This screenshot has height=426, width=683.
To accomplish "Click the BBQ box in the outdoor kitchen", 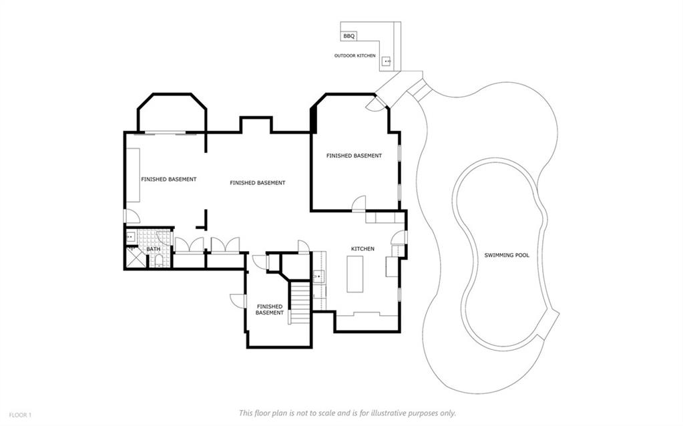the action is [349, 36].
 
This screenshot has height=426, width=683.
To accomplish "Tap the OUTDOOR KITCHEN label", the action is [355, 56].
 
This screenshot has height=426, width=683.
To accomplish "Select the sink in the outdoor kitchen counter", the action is [387, 61].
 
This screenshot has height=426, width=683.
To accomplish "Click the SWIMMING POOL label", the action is [507, 255].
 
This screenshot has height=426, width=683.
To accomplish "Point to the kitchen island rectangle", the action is [355, 274].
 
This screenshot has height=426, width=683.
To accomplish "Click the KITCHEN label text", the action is [363, 248].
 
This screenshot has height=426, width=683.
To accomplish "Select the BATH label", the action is [154, 249].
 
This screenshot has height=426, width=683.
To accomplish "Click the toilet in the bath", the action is [158, 260].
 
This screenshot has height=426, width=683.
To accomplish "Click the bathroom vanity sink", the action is [131, 238].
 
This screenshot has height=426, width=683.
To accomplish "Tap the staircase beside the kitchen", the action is [300, 303].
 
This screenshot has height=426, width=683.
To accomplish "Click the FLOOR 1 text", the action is [21, 415].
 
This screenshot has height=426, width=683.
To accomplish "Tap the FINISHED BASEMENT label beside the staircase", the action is [269, 310].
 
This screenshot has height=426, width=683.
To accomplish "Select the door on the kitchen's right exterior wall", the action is [399, 238].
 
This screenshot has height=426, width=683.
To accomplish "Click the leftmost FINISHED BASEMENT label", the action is [168, 179].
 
